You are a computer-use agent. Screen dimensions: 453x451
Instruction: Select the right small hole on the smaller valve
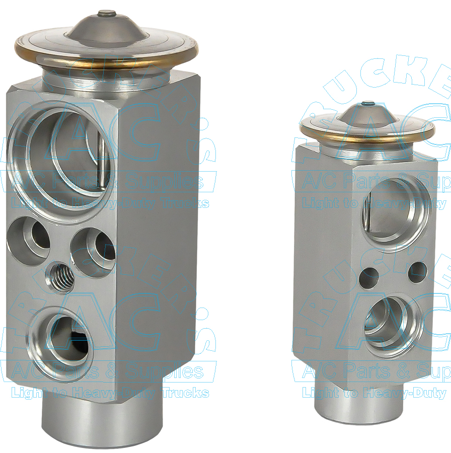click(x=417, y=272)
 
